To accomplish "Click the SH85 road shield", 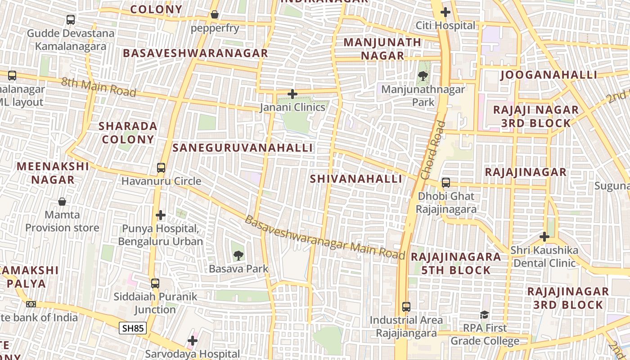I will pyautogui.click(x=133, y=328).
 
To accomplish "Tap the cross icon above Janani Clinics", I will pyautogui.click(x=292, y=94).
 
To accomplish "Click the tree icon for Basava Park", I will pyautogui.click(x=238, y=256).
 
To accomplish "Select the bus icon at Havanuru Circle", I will pyautogui.click(x=161, y=168).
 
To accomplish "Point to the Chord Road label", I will pyautogui.click(x=432, y=150).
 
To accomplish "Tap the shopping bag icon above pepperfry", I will pyautogui.click(x=215, y=15).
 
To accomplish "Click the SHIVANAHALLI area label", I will pyautogui.click(x=356, y=179).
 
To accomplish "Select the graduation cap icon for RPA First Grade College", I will pyautogui.click(x=485, y=315).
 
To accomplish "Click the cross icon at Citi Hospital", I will pyautogui.click(x=445, y=12).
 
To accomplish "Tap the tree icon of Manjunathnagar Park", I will pyautogui.click(x=423, y=76).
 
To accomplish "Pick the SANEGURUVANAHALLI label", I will pyautogui.click(x=243, y=148).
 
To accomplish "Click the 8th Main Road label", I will pyautogui.click(x=99, y=87).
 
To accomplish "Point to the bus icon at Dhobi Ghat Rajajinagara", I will pyautogui.click(x=446, y=183).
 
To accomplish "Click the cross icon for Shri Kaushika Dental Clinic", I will pyautogui.click(x=544, y=236).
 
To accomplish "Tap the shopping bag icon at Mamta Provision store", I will pyautogui.click(x=62, y=202).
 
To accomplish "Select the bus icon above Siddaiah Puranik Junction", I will pyautogui.click(x=155, y=283).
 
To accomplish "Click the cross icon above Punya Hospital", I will pyautogui.click(x=161, y=215).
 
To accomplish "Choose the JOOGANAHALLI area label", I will pyautogui.click(x=549, y=75).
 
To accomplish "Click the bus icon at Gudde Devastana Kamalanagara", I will pyautogui.click(x=71, y=20).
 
